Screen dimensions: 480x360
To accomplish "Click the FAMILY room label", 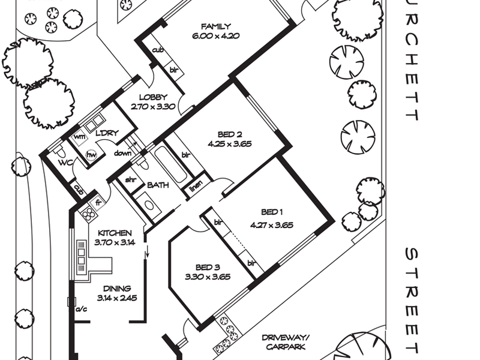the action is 216,26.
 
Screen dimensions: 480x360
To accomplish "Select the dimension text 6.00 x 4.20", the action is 216,36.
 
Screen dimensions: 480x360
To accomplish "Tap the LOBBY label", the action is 154,97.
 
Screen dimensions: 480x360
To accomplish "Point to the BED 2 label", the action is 230,134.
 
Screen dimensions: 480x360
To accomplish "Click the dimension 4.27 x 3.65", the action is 272,226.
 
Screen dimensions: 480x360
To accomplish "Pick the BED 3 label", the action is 208,268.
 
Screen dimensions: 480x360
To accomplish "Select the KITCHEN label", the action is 115,233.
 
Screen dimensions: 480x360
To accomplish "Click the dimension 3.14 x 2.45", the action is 117,298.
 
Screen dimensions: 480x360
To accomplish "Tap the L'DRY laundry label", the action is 107,133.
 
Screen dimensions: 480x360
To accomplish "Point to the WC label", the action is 66,163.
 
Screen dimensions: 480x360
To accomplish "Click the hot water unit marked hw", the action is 91,155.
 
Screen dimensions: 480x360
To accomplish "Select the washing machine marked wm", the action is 80,137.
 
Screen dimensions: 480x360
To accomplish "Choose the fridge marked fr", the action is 98,203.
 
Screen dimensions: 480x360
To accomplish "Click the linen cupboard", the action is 196,186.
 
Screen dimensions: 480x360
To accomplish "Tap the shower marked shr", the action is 131,180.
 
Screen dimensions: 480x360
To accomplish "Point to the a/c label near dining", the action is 81,310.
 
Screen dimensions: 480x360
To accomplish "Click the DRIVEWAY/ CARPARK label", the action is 286,342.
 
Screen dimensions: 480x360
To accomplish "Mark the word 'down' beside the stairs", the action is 122,153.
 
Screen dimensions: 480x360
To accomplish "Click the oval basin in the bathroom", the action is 149,206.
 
